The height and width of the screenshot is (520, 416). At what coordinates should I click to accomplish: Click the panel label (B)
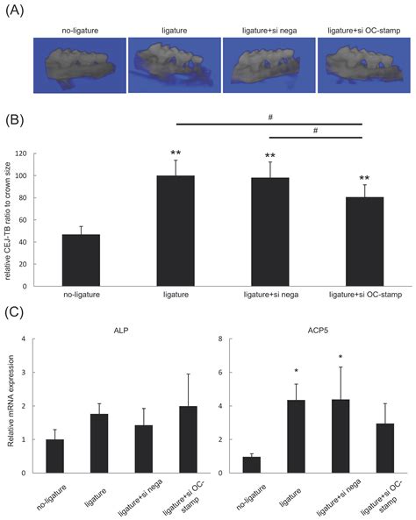pos(16,117)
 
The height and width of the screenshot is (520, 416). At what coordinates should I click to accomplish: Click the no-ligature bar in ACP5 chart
pos(252,464)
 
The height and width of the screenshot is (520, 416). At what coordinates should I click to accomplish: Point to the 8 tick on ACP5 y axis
pos(231,339)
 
